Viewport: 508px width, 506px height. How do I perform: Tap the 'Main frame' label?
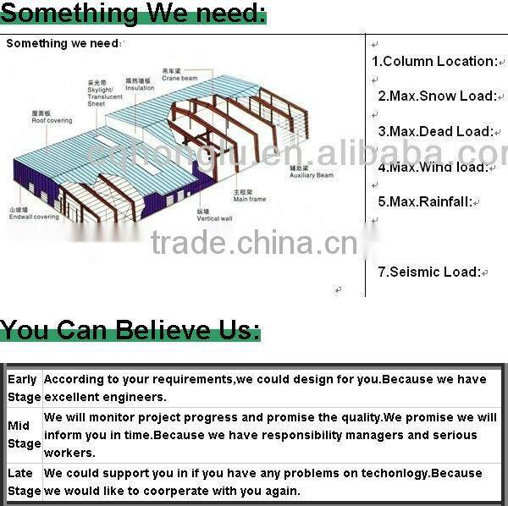click(x=250, y=196)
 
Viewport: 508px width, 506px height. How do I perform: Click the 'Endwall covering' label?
click(x=34, y=213)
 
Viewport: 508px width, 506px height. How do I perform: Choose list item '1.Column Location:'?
click(x=434, y=61)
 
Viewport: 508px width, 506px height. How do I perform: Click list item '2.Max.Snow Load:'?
click(x=437, y=96)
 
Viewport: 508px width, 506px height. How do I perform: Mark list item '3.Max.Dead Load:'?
click(x=435, y=131)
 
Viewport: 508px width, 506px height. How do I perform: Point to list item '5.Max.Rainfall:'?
click(x=425, y=201)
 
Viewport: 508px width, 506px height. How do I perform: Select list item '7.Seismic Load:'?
click(x=428, y=272)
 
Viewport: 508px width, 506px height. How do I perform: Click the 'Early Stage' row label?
click(x=23, y=388)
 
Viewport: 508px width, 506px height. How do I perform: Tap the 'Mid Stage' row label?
click(x=24, y=434)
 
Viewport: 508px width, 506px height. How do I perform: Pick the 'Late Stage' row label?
click(x=24, y=481)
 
